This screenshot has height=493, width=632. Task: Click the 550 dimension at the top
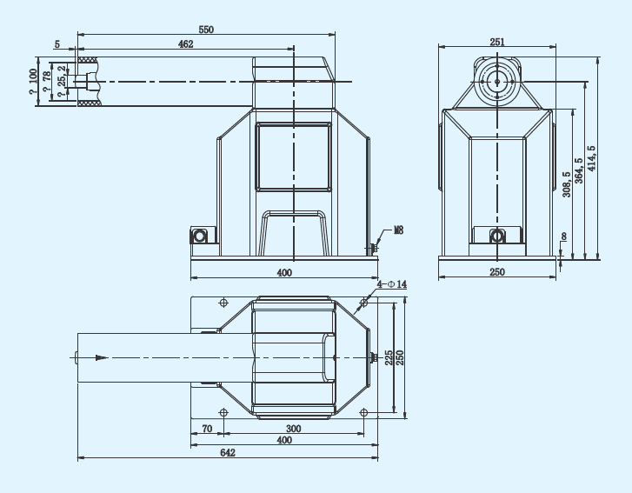point(206,30)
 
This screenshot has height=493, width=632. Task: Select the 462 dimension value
point(186,43)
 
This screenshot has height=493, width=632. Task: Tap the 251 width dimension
point(497,41)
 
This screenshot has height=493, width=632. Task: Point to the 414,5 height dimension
point(591,157)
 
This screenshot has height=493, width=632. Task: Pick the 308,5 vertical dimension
point(566,183)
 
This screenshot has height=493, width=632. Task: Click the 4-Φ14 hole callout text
point(392,284)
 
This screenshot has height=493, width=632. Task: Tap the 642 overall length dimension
point(227,452)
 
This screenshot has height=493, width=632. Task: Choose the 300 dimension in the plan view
point(293,429)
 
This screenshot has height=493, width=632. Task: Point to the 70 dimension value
point(207,429)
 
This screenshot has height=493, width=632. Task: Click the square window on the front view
point(294,156)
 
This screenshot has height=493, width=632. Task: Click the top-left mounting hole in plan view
point(223,303)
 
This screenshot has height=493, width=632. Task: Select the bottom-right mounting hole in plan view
point(363,410)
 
